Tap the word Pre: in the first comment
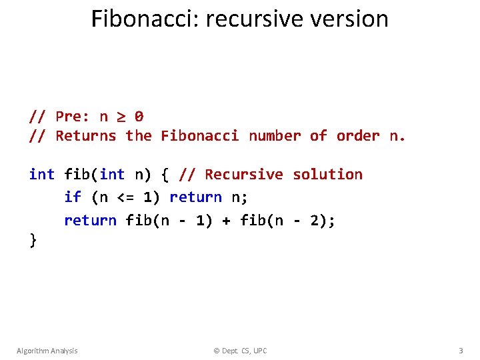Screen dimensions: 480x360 (x=73, y=117)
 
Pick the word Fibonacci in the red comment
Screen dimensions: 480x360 (x=199, y=136)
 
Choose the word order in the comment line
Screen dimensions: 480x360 (x=358, y=136)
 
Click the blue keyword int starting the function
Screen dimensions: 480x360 (x=42, y=175)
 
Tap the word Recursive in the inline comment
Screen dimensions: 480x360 (x=244, y=175)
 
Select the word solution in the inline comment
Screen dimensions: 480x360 (x=328, y=175)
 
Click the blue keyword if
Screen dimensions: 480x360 (x=73, y=197)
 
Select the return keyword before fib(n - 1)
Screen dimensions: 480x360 (x=90, y=220)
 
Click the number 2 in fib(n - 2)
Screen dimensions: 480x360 (x=314, y=220)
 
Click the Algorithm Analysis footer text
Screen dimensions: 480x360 (x=47, y=351)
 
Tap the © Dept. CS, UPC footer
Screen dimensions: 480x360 (x=239, y=351)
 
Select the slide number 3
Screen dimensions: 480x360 (x=461, y=351)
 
